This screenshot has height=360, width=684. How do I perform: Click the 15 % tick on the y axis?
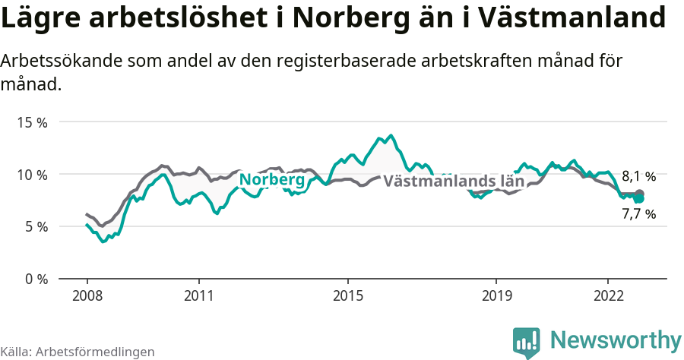[x=33, y=122]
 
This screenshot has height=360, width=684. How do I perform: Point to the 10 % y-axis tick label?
[x=33, y=175]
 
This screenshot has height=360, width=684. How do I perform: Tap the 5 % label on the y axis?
[x=36, y=226]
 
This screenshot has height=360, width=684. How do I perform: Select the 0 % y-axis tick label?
[x=36, y=279]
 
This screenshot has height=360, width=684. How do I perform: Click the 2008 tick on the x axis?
[x=87, y=295]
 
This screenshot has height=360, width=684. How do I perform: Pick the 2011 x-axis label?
[x=198, y=295]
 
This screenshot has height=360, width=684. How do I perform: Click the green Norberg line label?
[x=272, y=180]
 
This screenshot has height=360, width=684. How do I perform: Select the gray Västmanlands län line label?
[x=454, y=182]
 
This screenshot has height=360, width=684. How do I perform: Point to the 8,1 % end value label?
[x=638, y=176]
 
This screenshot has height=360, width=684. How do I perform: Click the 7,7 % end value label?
[x=638, y=214]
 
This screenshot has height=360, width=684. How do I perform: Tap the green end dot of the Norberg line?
[x=639, y=198]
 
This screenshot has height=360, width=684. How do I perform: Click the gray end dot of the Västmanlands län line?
[x=639, y=194]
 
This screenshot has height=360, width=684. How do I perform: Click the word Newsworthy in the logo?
[x=616, y=339]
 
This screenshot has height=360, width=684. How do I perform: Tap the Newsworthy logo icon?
[x=527, y=342]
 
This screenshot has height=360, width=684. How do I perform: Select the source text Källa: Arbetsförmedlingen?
[x=78, y=352]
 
